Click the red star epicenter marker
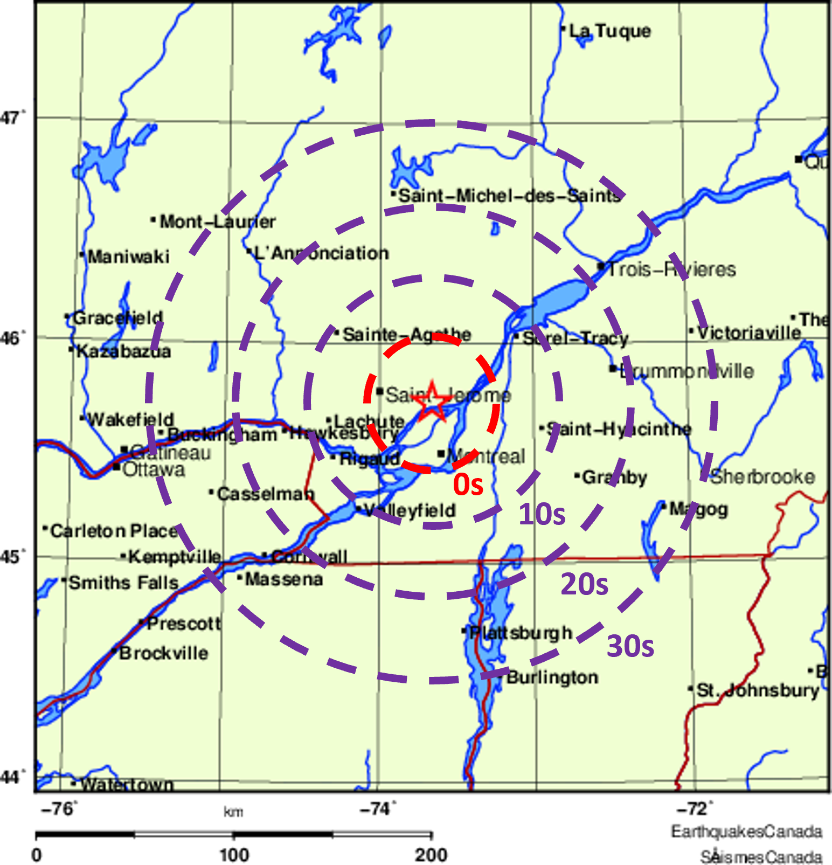(x=432, y=401)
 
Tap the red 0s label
(x=468, y=485)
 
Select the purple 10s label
(x=542, y=515)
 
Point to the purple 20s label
(x=584, y=584)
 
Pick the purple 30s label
(x=630, y=646)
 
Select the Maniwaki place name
(x=128, y=257)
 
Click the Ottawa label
(x=154, y=470)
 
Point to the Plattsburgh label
(x=521, y=633)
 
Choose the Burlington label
(x=552, y=677)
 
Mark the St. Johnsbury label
(x=758, y=690)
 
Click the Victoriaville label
(x=749, y=333)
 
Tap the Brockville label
(x=163, y=653)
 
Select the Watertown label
(x=127, y=784)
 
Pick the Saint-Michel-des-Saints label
(x=509, y=196)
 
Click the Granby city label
(x=614, y=478)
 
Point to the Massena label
(x=283, y=580)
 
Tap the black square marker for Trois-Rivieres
(x=601, y=266)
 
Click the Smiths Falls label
(x=123, y=583)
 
